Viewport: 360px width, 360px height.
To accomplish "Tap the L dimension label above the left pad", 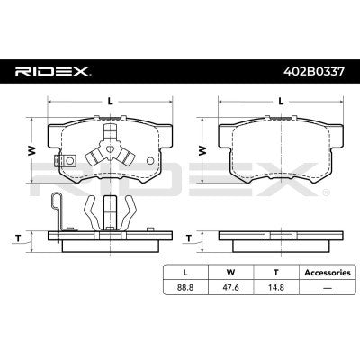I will click(110, 101).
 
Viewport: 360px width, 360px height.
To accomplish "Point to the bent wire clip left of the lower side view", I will click(57, 216).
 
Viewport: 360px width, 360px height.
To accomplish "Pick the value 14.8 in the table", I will click(274, 289).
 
